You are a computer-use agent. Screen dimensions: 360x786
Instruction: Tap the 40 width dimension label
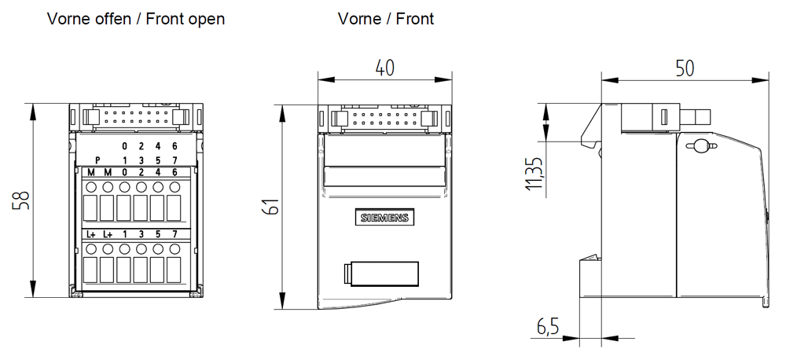pos(384,68)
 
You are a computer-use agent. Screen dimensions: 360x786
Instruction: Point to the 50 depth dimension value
pos(685,68)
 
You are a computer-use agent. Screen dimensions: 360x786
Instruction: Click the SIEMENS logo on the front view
pos(384,218)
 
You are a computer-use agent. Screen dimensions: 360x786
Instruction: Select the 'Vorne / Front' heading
pos(385,19)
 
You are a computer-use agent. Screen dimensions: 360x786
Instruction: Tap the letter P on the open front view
pos(97,160)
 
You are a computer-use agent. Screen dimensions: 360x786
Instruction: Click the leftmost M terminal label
pos(91,172)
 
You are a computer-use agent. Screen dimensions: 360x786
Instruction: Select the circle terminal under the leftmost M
pos(91,187)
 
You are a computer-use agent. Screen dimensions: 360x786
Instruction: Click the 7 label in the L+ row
pos(174,234)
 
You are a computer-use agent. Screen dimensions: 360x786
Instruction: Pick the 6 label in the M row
pos(174,172)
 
